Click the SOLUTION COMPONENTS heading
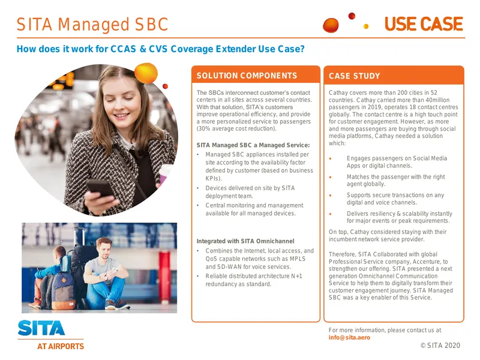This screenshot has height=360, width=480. tap(247, 76)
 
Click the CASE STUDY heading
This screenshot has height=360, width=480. tap(354, 76)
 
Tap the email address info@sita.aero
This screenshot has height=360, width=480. tap(349, 337)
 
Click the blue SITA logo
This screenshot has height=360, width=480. tap(41, 328)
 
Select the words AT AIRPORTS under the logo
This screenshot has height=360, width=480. tap(61, 346)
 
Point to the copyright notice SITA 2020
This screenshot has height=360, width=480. tap(440, 346)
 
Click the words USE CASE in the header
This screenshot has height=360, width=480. tap(424, 24)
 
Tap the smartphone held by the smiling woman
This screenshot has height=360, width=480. tap(100, 188)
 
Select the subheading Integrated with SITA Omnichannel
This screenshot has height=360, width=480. tap(245, 241)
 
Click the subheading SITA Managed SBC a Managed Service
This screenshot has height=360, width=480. tap(253, 145)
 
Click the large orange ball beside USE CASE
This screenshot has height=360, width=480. tap(331, 25)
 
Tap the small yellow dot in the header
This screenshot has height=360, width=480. tap(366, 26)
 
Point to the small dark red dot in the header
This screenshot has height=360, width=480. tap(352, 16)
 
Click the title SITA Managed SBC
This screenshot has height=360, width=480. tap(92, 25)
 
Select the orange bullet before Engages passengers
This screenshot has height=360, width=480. tap(331, 158)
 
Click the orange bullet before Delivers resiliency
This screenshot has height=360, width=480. tap(331, 214)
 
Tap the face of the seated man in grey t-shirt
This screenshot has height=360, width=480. tap(104, 248)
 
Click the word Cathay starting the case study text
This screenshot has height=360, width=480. tap(338, 92)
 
